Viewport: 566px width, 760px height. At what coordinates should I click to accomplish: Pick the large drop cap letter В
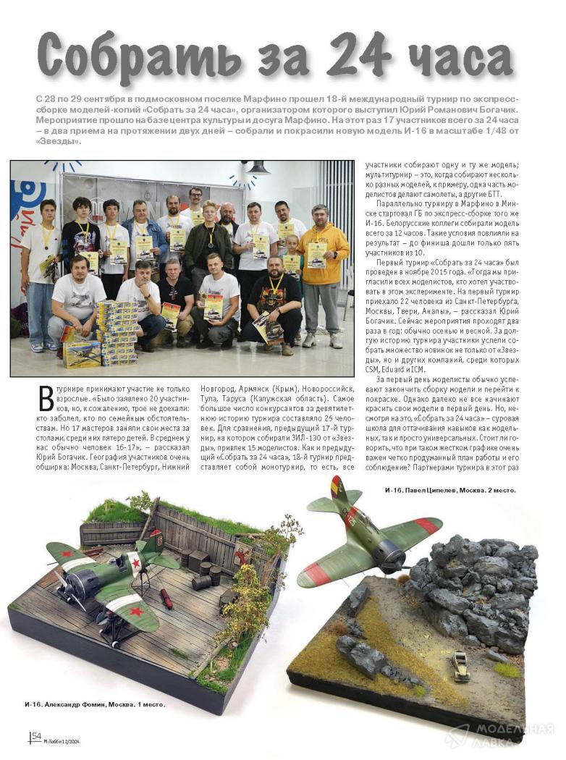tap(46, 400)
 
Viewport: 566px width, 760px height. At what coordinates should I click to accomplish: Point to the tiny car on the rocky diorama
tap(460, 667)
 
